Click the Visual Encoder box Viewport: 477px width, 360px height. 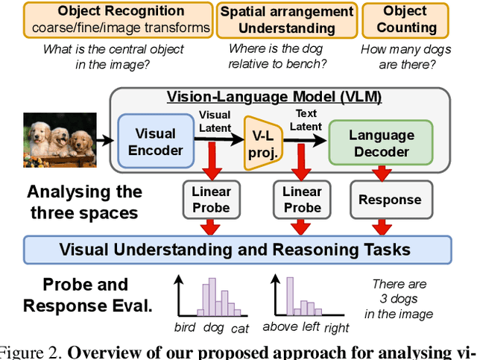pyautogui.click(x=159, y=141)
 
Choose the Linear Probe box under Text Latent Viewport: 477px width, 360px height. pyautogui.click(x=302, y=199)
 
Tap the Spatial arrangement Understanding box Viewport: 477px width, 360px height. pyautogui.click(x=286, y=19)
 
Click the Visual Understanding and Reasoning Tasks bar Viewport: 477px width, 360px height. pyautogui.click(x=238, y=250)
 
